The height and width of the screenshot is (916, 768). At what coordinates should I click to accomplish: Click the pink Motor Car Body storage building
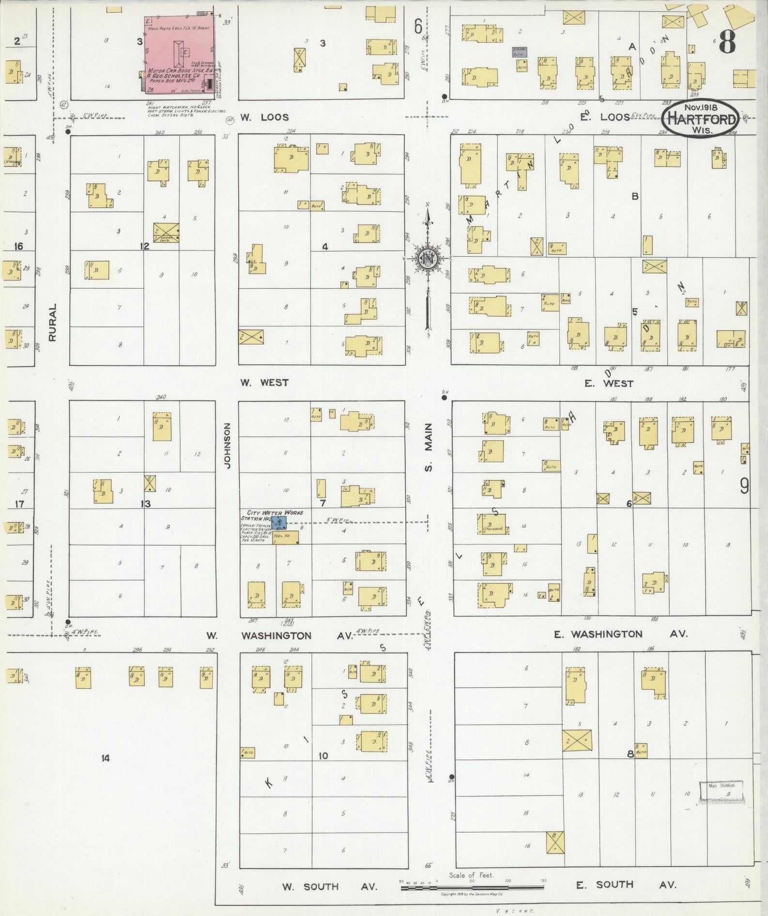click(179, 53)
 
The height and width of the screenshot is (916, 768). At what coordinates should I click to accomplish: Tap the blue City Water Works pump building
click(279, 523)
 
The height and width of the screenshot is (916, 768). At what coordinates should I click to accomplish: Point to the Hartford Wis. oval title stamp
click(701, 117)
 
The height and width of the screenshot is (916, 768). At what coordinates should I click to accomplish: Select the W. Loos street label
click(264, 117)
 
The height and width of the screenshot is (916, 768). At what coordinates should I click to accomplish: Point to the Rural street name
click(53, 322)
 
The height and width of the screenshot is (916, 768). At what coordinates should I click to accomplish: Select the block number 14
click(106, 758)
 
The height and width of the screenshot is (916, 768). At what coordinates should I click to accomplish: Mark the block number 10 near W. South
click(323, 756)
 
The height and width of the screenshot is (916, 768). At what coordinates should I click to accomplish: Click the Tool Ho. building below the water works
click(286, 537)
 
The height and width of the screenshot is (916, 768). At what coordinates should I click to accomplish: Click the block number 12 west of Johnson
click(144, 247)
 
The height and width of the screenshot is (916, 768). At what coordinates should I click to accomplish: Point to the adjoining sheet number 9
click(744, 486)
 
